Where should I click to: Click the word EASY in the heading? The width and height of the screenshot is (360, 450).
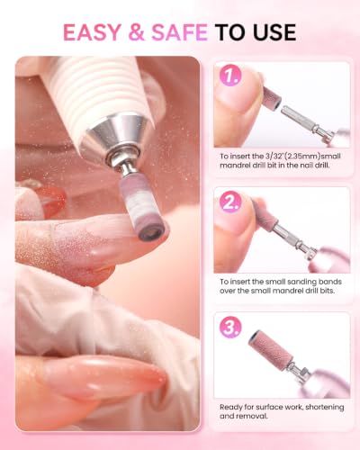pos(92,32)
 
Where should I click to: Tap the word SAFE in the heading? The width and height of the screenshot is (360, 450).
pos(179,32)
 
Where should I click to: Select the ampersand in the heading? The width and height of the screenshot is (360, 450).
pos(136,32)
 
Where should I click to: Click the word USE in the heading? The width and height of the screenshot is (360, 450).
pos(274,32)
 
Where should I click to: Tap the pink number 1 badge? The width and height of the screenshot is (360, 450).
pos(230,75)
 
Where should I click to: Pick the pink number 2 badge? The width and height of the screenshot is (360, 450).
pos(230,202)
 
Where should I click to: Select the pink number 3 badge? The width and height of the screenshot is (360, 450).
pos(230,327)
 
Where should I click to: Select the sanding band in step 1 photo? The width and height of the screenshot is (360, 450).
pos(273,97)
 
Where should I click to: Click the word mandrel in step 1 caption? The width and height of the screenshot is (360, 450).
pos(235,166)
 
